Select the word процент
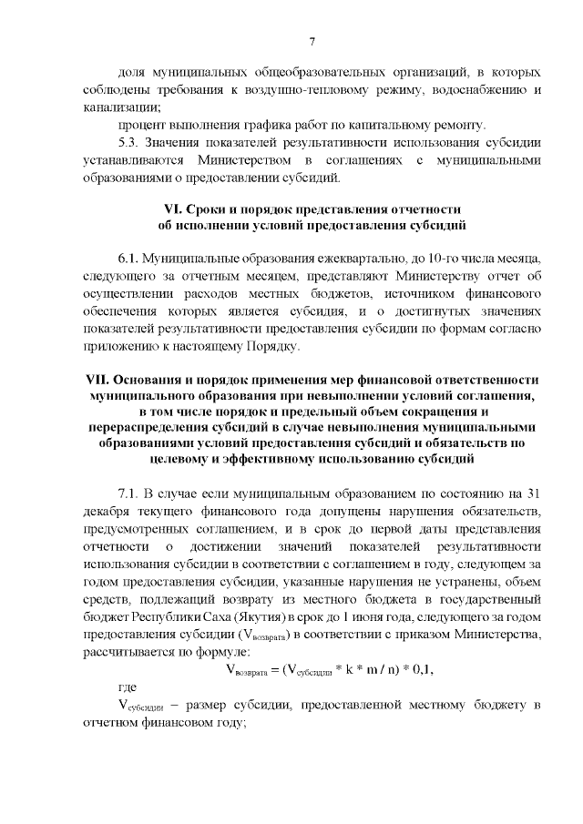(x=142, y=125)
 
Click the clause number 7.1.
(x=132, y=494)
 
